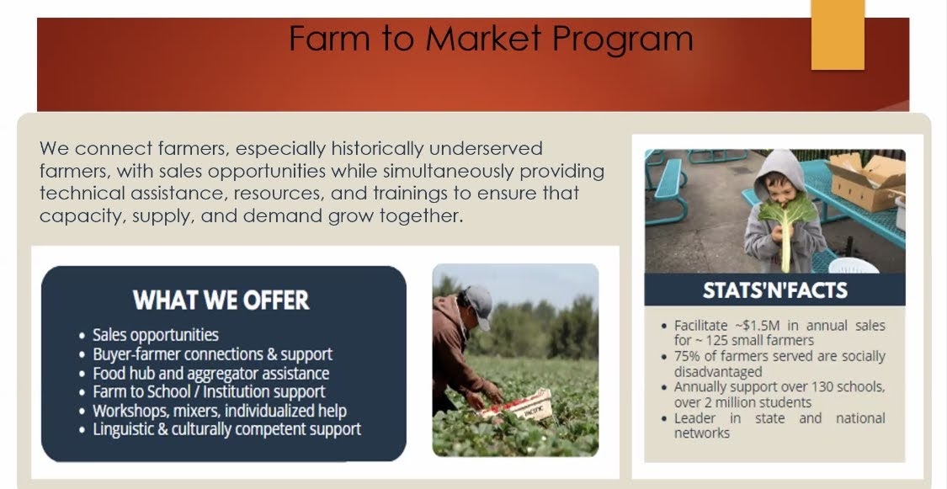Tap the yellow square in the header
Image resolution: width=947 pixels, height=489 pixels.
click(x=838, y=35)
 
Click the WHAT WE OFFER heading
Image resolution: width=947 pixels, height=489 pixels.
click(x=221, y=300)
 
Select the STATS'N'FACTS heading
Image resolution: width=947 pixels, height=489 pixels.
click(x=775, y=290)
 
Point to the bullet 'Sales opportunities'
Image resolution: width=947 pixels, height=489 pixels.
click(x=155, y=335)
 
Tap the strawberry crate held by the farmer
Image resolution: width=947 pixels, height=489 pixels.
click(x=519, y=406)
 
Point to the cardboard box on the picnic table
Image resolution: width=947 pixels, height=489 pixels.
click(x=866, y=179)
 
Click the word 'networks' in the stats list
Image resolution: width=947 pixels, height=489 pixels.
click(x=702, y=433)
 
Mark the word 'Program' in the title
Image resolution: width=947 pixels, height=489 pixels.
click(x=623, y=40)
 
